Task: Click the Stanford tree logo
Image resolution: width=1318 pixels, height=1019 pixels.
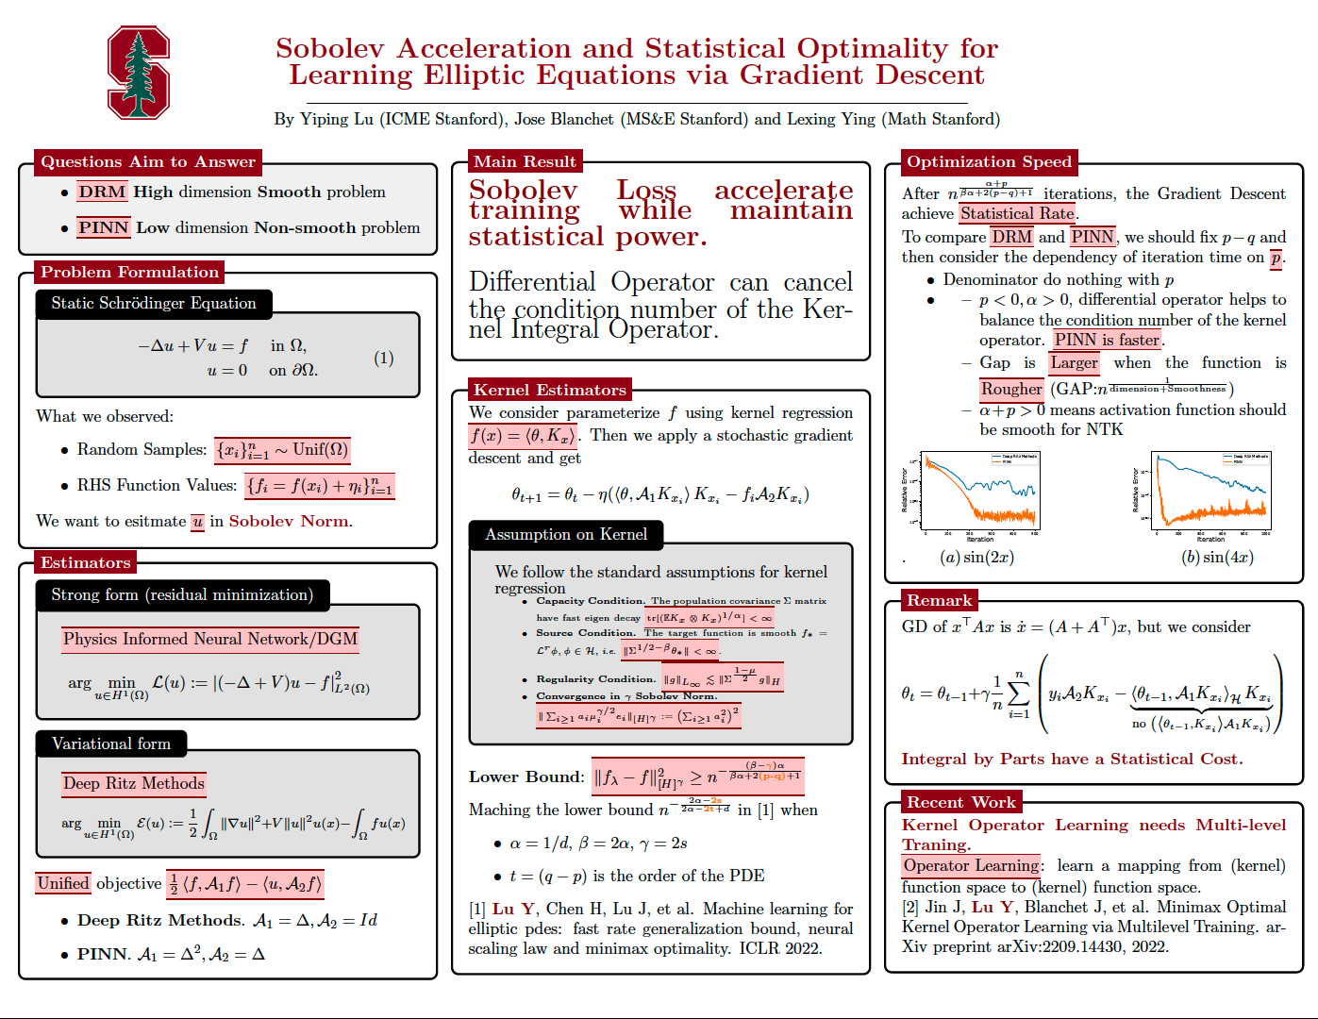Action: tap(139, 73)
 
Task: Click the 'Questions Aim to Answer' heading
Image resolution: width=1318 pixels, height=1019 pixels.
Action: tap(148, 161)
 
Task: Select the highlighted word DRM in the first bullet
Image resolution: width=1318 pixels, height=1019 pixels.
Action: tap(102, 192)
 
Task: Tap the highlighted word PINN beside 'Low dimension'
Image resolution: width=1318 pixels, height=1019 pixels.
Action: tap(103, 227)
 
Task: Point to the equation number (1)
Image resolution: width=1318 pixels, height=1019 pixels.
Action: tap(383, 358)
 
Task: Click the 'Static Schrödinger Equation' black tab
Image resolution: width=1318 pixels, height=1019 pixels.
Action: tap(154, 303)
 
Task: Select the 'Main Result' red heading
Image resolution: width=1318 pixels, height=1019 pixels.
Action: tap(525, 161)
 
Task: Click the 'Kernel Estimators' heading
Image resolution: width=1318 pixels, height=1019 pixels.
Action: tap(550, 390)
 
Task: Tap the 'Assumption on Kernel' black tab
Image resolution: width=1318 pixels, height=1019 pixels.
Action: tap(566, 534)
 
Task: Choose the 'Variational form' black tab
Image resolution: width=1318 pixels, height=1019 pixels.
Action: tap(111, 743)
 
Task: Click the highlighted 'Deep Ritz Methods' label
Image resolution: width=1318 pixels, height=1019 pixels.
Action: tap(134, 783)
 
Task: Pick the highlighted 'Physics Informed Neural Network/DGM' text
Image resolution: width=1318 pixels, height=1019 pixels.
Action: tap(210, 639)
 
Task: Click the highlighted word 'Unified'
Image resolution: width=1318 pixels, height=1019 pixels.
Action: tap(63, 883)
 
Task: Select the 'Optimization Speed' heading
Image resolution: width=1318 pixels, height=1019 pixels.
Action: tap(989, 161)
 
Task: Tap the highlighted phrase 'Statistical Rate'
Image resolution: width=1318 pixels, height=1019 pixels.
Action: tap(1017, 213)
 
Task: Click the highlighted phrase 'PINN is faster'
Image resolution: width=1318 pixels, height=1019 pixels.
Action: tap(1107, 340)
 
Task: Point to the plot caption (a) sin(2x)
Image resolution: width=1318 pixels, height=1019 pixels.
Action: tap(976, 557)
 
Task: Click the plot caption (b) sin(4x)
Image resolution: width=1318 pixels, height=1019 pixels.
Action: tap(1217, 557)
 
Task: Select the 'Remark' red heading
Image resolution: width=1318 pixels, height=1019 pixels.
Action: tap(939, 600)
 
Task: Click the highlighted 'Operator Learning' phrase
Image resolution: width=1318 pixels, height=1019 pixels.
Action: tap(971, 865)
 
